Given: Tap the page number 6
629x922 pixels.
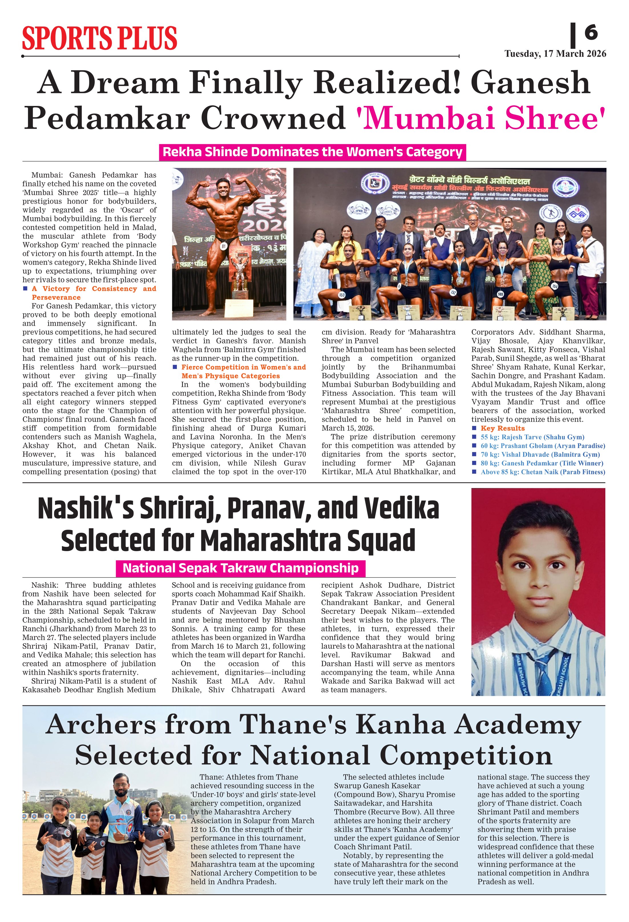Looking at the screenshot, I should pos(590,32).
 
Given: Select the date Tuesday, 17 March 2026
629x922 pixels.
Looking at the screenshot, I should pos(555,54).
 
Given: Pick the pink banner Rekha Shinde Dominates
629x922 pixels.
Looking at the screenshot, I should pos(312,152).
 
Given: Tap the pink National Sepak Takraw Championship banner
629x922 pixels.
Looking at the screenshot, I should pos(240,568).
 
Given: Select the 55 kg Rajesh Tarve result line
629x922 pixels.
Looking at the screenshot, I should pos(532,437).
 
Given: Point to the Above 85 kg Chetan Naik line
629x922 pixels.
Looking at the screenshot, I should pos(543,472).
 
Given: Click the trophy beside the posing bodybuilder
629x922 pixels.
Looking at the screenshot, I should pos(239,278).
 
